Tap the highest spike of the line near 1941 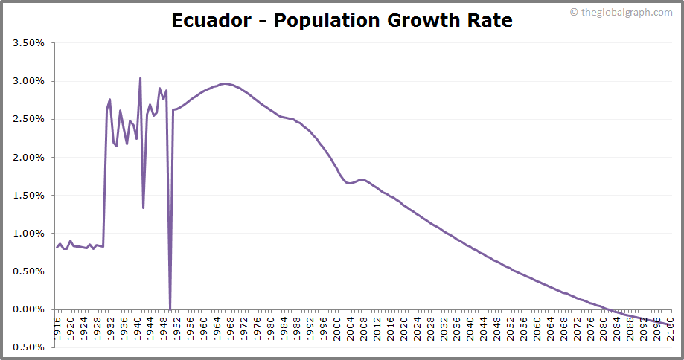(x=140, y=78)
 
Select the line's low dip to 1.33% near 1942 (x=144, y=208)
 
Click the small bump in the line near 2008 (x=362, y=179)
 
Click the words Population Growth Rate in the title (x=393, y=20)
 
